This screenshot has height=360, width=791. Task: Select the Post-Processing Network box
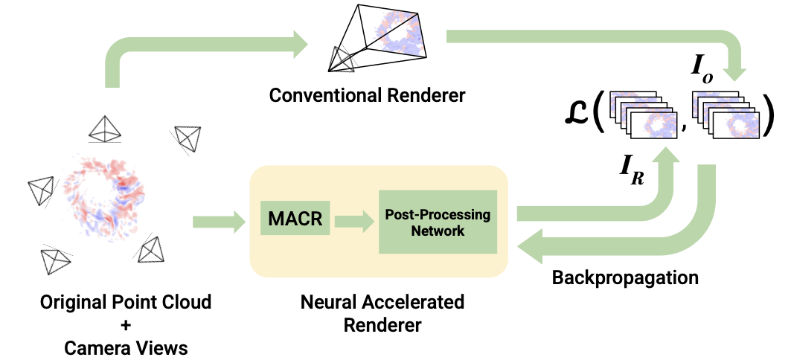(x=438, y=222)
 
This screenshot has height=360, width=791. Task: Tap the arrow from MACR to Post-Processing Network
(x=354, y=221)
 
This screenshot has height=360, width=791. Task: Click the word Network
(x=438, y=231)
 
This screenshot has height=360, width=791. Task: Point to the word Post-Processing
(x=438, y=214)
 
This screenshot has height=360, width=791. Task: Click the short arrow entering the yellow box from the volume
(x=220, y=221)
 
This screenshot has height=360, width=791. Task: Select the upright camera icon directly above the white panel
(x=104, y=129)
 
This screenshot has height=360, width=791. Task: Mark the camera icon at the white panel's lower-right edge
(x=153, y=254)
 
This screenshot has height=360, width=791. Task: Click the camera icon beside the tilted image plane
(x=339, y=62)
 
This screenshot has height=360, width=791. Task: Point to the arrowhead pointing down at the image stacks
(x=736, y=71)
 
